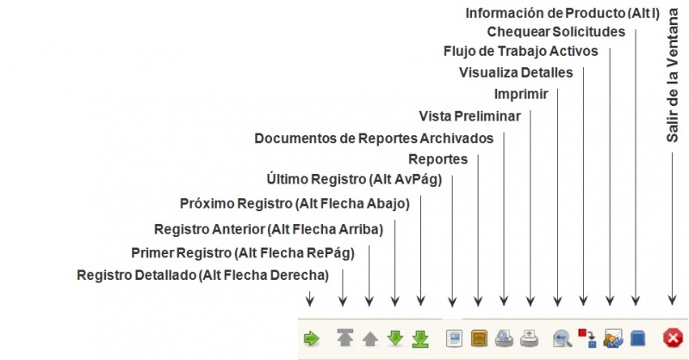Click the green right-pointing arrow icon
(312, 339)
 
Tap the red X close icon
(673, 338)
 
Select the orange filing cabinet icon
(479, 338)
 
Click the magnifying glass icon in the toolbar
(562, 338)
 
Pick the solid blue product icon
(638, 338)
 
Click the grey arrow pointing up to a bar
(345, 338)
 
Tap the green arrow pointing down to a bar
(420, 339)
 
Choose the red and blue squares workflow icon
(587, 338)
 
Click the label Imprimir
(521, 94)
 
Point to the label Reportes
(438, 159)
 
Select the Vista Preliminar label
(469, 116)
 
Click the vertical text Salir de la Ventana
(673, 76)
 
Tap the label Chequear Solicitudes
(556, 32)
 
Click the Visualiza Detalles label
(516, 72)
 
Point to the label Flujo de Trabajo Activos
(521, 52)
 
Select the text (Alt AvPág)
(406, 179)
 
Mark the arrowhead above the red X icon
(672, 301)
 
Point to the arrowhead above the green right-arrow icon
(310, 301)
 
